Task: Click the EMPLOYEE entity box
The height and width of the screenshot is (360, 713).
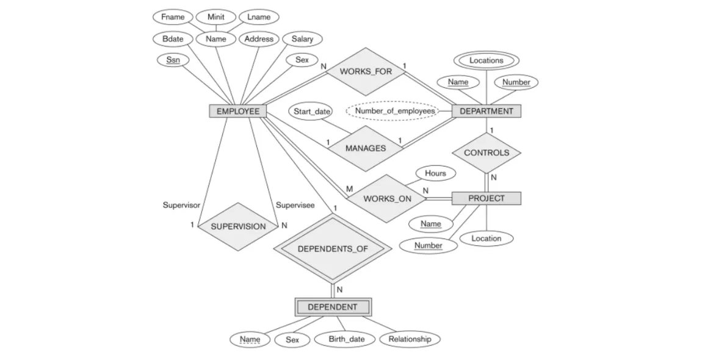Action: (x=238, y=111)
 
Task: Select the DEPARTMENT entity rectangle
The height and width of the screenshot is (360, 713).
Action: (x=486, y=111)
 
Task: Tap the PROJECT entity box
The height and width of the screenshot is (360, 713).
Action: (x=486, y=198)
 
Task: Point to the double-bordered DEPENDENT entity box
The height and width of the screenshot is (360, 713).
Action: (x=332, y=307)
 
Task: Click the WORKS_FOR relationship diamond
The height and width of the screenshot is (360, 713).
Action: (x=366, y=71)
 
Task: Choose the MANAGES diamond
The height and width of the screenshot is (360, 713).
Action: (x=365, y=148)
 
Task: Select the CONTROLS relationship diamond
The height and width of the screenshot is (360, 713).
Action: (x=487, y=153)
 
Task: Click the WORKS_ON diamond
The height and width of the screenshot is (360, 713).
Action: (x=387, y=199)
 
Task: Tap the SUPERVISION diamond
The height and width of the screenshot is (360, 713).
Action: (x=238, y=226)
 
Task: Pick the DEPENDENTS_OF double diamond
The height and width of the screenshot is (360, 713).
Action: (x=332, y=249)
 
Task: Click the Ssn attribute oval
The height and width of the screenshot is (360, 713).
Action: (x=173, y=60)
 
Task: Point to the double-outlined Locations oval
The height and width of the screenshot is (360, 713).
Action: (x=487, y=60)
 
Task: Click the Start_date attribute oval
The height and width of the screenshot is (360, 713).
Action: (x=311, y=112)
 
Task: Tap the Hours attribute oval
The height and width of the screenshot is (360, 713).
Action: (x=435, y=173)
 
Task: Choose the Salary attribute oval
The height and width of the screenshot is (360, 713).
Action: (x=302, y=39)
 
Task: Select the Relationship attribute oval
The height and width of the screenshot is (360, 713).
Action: (x=409, y=339)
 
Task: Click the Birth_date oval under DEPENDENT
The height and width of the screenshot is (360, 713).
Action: (x=346, y=339)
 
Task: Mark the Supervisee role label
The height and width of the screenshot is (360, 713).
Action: (x=295, y=205)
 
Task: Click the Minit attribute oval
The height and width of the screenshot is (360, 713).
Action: (x=215, y=17)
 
